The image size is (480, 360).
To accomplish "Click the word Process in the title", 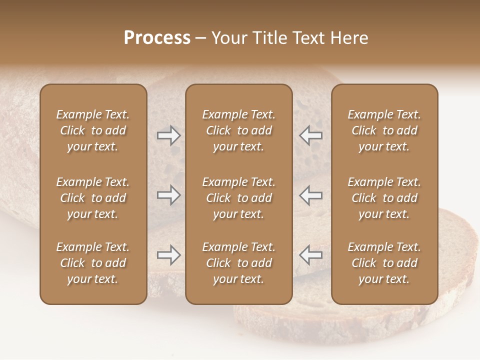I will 157,38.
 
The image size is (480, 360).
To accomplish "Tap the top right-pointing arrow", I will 168,135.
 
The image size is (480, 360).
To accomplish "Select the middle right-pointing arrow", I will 168,195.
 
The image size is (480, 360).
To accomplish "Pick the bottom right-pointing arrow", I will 168,255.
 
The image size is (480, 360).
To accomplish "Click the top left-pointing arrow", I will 311,135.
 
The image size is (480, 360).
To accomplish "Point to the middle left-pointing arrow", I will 311,195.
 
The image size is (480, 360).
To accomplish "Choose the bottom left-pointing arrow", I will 311,255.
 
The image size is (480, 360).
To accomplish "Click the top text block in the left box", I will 93,130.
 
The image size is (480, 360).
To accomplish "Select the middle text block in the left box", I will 93,198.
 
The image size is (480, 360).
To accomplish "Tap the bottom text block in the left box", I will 93,263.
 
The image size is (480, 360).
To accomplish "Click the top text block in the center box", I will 238,130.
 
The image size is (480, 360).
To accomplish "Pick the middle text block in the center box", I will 238,198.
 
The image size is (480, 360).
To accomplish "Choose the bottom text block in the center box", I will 238,263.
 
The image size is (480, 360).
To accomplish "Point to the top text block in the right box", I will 384,130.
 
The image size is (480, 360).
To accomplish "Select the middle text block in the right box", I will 384,198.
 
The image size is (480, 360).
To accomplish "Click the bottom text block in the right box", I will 384,263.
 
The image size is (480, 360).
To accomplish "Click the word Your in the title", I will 227,38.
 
